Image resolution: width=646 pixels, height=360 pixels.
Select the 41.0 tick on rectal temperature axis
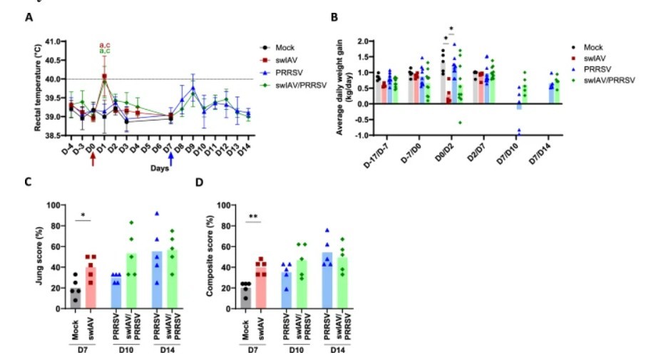[x=51, y=41]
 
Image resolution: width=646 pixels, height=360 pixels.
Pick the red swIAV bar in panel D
[x=262, y=290]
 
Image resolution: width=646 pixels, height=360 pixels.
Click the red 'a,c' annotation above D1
[x=104, y=44]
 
